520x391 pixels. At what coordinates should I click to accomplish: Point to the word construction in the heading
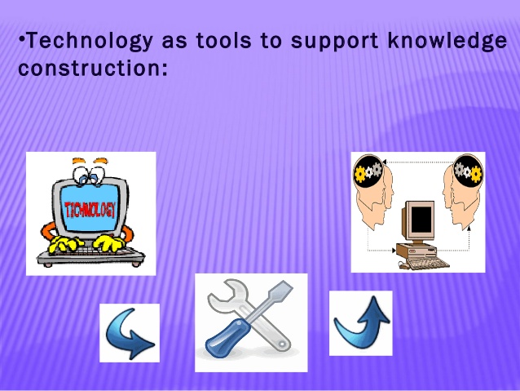pos(91,67)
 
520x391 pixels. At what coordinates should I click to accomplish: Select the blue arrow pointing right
pos(130,333)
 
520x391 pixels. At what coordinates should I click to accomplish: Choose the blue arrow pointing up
pos(360,323)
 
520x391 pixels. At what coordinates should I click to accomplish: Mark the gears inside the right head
pos(469,171)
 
